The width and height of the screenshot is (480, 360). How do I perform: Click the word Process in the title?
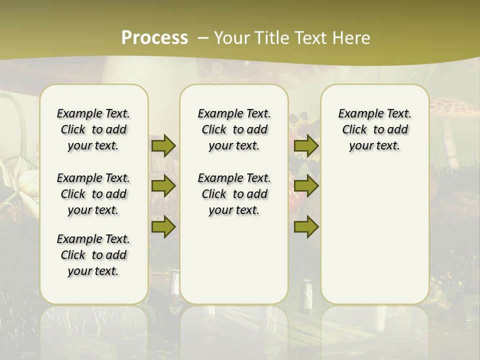[x=154, y=38]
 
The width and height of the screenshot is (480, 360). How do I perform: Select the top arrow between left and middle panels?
[x=163, y=146]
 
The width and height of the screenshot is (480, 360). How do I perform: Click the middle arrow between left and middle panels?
[x=163, y=186]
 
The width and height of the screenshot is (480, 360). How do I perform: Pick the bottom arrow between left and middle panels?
[x=163, y=227]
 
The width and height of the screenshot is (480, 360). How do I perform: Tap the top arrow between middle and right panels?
[x=306, y=146]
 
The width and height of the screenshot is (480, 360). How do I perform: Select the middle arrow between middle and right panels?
[x=306, y=186]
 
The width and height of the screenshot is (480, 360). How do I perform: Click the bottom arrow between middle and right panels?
[x=306, y=227]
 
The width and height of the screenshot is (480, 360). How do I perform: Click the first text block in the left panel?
[x=93, y=129]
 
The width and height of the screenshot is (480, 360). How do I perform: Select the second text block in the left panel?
[x=93, y=194]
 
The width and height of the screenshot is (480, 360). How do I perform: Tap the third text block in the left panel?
[x=93, y=255]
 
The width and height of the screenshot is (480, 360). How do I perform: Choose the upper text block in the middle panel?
[x=234, y=129]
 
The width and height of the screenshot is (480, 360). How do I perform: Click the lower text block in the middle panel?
[x=234, y=194]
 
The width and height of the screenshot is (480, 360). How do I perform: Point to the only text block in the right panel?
[x=374, y=129]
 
